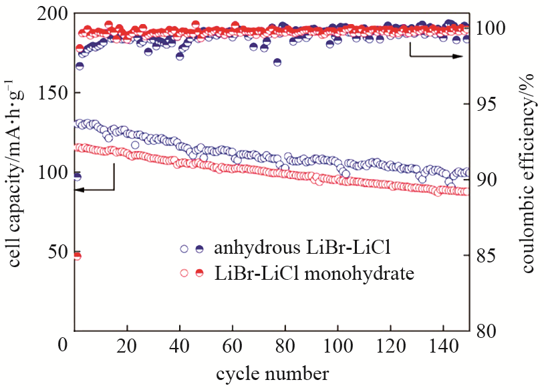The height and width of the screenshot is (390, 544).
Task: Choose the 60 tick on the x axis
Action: [232, 348]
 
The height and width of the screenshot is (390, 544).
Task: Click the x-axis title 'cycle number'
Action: [272, 373]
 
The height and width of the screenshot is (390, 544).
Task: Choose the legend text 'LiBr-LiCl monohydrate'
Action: [314, 272]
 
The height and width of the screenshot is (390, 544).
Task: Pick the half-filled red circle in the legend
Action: [199, 272]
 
